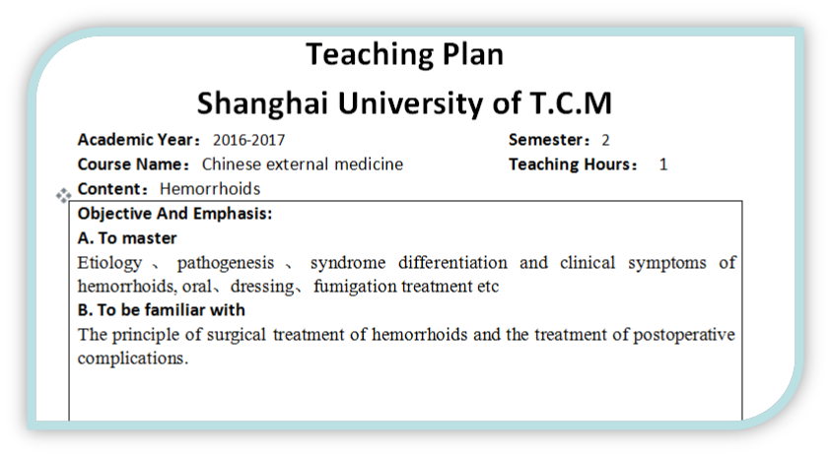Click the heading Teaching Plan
pos(405,54)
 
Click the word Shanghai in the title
pos(262,103)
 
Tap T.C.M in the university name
pos(571,102)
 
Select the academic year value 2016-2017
pos(248,140)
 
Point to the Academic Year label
pos(139,140)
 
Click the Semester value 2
pos(605,140)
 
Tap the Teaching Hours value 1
pos(663,164)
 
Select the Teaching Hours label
pos(573,164)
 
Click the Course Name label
pos(133,164)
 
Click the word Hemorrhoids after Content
pos(210,188)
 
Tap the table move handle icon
pos(63,195)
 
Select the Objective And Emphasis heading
pos(174,214)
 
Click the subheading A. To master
pos(127,238)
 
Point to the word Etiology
pos(109,263)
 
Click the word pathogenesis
pos(225,263)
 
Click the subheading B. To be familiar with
pos(161,310)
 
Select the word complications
pos(132,359)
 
